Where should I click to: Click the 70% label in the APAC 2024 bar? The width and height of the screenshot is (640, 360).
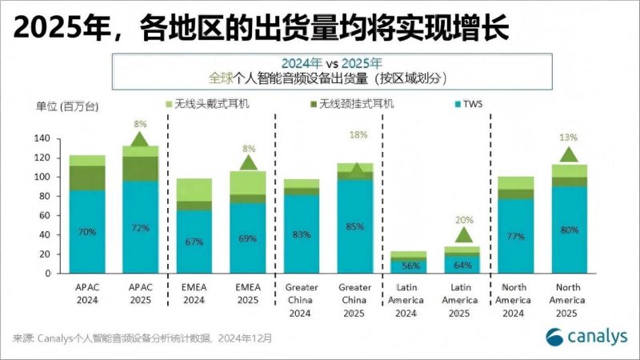point(87,232)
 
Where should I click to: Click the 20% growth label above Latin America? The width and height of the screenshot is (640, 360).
point(462,219)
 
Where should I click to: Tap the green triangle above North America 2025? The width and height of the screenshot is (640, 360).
point(569,154)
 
